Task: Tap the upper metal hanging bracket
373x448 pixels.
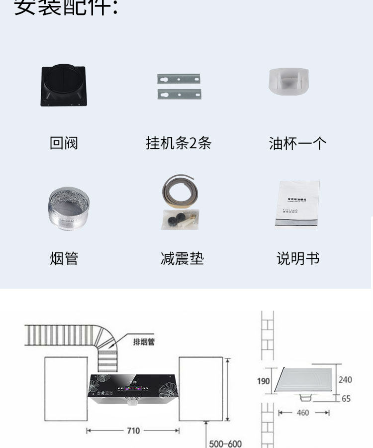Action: [179, 79]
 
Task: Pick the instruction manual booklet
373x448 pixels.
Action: [297, 205]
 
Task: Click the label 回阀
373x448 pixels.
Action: [64, 143]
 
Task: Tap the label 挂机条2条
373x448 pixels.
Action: [179, 143]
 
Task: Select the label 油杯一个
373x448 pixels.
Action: [297, 143]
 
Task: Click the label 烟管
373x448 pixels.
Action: [64, 259]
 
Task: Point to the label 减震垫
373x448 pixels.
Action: [182, 259]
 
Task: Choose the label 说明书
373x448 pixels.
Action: [297, 259]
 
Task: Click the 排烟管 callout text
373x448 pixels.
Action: [144, 342]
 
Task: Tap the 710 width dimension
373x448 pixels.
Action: [133, 431]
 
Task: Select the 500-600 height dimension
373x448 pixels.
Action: [225, 443]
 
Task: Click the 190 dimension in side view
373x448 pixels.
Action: [264, 381]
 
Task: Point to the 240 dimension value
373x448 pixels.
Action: [345, 380]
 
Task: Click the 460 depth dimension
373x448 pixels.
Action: [303, 413]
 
